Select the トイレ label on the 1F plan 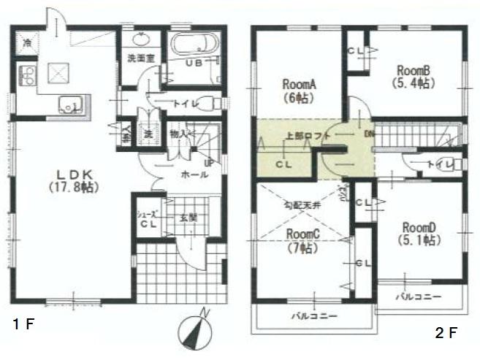click(x=184, y=104)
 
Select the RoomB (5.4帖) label click(x=416, y=76)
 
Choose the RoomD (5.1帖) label click(x=417, y=233)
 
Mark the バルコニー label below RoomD click(x=418, y=298)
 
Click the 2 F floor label click(x=445, y=333)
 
